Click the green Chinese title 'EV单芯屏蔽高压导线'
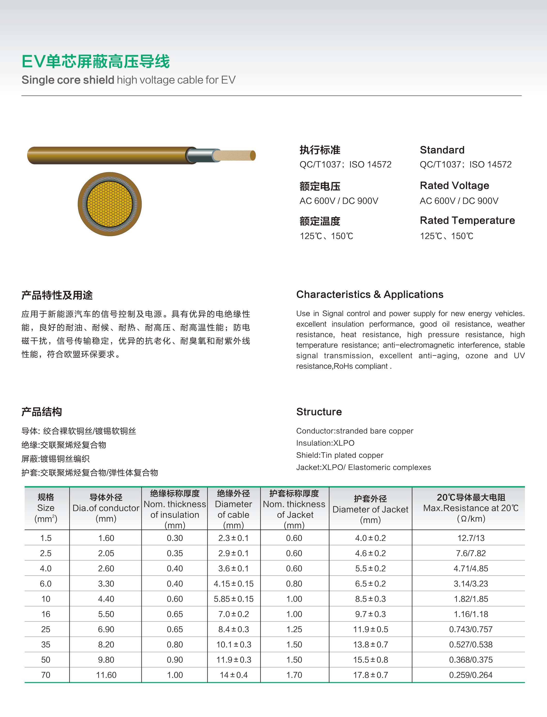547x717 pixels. pyautogui.click(x=95, y=62)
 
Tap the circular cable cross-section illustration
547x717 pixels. pyautogui.click(x=110, y=204)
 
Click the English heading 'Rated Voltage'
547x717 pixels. pyautogui.click(x=454, y=185)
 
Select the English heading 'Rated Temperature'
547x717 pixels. pyautogui.click(x=467, y=220)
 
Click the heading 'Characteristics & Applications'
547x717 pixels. pyautogui.click(x=370, y=294)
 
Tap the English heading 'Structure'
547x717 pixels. pyautogui.click(x=319, y=412)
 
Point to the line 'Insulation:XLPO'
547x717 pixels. pyautogui.click(x=325, y=443)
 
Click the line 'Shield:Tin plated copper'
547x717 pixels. pyautogui.click(x=339, y=455)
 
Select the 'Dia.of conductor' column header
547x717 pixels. pyautogui.click(x=106, y=508)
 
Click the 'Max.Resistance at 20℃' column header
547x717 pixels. pyautogui.click(x=470, y=508)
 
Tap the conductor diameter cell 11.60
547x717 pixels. pyautogui.click(x=106, y=675)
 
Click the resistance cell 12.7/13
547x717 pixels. pyautogui.click(x=471, y=538)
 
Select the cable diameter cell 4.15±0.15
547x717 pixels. pyautogui.click(x=233, y=584)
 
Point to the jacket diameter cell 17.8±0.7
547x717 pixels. pyautogui.click(x=370, y=675)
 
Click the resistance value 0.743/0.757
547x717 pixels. pyautogui.click(x=471, y=629)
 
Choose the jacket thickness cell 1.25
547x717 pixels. pyautogui.click(x=294, y=629)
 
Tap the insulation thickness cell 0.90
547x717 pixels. pyautogui.click(x=175, y=660)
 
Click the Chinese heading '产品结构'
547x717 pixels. pyautogui.click(x=42, y=412)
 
